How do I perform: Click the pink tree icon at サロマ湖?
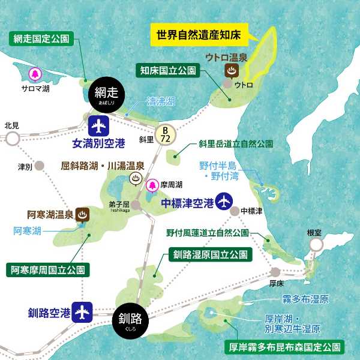tap(34, 74)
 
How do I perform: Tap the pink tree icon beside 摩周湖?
tap(152, 185)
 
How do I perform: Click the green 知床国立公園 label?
tap(167, 70)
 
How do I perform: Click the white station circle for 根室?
tap(315, 245)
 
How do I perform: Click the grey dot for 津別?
tap(40, 166)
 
